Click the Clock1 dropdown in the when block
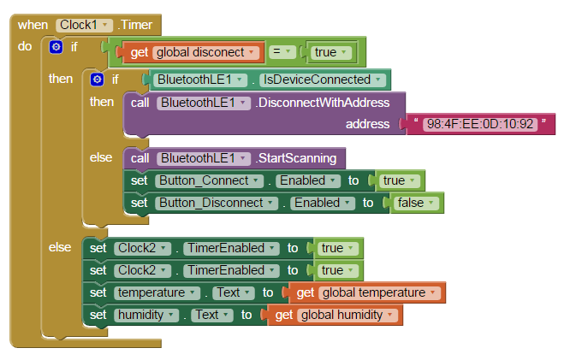tap(84, 25)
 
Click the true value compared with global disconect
tap(330, 52)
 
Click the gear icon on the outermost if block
tap(56, 47)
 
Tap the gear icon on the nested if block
tap(97, 80)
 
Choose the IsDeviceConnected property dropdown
tap(322, 80)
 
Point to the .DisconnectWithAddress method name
tap(323, 103)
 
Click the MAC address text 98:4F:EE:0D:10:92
tap(480, 124)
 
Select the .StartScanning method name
tap(295, 158)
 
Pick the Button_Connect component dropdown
tap(209, 180)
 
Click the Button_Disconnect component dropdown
tap(217, 203)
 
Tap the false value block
tap(415, 203)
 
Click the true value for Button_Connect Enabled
tap(399, 180)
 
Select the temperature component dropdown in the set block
tap(157, 292)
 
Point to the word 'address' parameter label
tap(367, 124)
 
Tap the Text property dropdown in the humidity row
tap(212, 315)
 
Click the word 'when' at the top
tap(33, 25)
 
